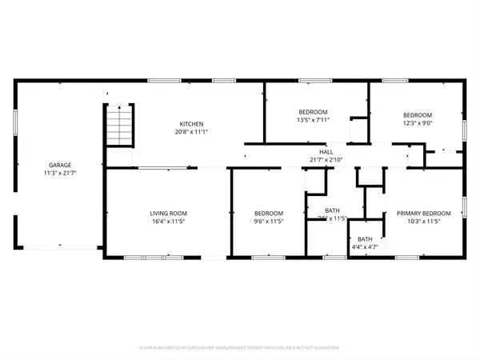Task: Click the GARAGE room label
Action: tap(61, 165)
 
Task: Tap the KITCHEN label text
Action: tap(190, 124)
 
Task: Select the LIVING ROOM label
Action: tap(169, 213)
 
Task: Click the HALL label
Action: tap(326, 151)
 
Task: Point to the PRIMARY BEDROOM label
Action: tap(424, 213)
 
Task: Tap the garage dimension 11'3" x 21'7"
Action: tap(61, 173)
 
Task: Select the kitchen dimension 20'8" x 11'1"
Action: tap(190, 132)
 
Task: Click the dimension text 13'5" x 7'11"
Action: tap(314, 120)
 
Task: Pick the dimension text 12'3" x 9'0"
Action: tap(417, 123)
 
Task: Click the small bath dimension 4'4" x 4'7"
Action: tap(365, 247)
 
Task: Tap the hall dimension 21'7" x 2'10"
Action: tap(326, 159)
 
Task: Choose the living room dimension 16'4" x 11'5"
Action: tap(169, 221)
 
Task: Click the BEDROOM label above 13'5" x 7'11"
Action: tap(314, 112)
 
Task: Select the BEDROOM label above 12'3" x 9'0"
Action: tap(417, 115)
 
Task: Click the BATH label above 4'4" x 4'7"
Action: tap(365, 239)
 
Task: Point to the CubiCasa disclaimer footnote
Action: tap(240, 348)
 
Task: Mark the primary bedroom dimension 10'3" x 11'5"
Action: tap(424, 221)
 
